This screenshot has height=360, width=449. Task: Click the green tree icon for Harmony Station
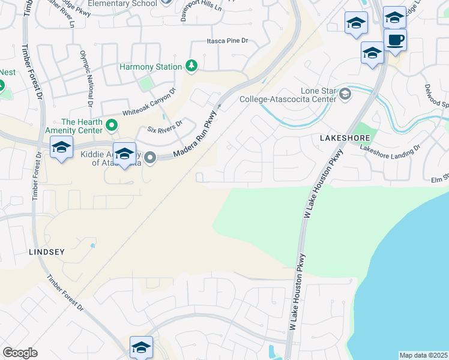point(191,65)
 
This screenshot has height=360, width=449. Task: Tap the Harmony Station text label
point(150,67)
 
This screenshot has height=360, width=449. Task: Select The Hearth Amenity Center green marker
point(111,125)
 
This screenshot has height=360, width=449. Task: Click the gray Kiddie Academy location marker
point(151,158)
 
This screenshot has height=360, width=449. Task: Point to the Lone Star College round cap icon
point(345,93)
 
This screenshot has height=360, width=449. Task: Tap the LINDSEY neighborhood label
point(46,252)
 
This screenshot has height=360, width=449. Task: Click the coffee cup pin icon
point(395,41)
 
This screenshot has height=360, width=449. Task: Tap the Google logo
point(20,353)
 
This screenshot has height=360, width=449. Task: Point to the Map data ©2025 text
point(424,355)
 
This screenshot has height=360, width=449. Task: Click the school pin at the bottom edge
point(141,347)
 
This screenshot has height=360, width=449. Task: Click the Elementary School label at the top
point(122,4)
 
